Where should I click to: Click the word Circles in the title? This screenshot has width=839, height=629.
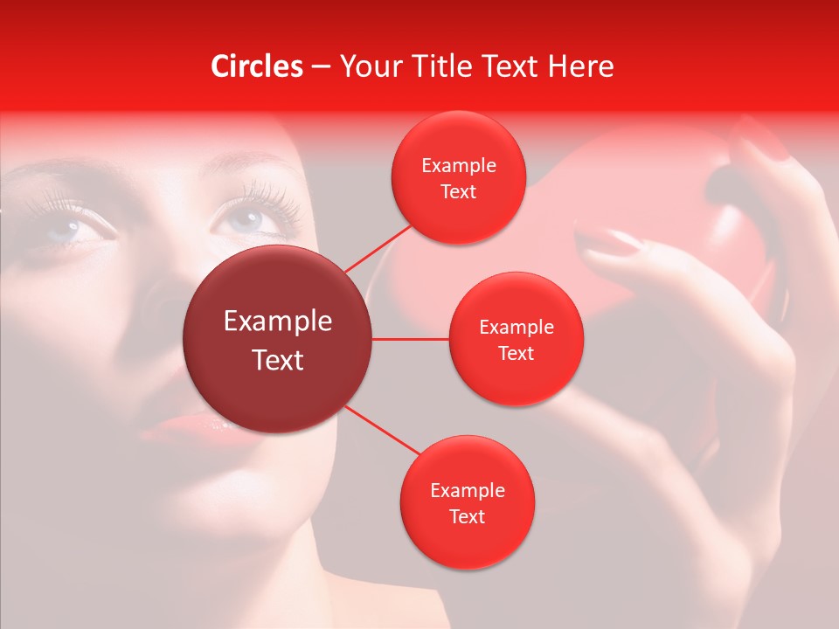coord(257,66)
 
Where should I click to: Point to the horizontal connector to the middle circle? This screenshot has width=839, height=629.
coord(411,338)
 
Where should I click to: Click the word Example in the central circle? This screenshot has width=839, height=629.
coord(278,321)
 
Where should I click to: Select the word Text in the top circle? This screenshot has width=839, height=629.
coord(458,192)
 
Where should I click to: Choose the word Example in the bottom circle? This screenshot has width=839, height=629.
coord(467,491)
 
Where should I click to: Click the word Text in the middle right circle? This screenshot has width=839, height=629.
coord(516,354)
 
